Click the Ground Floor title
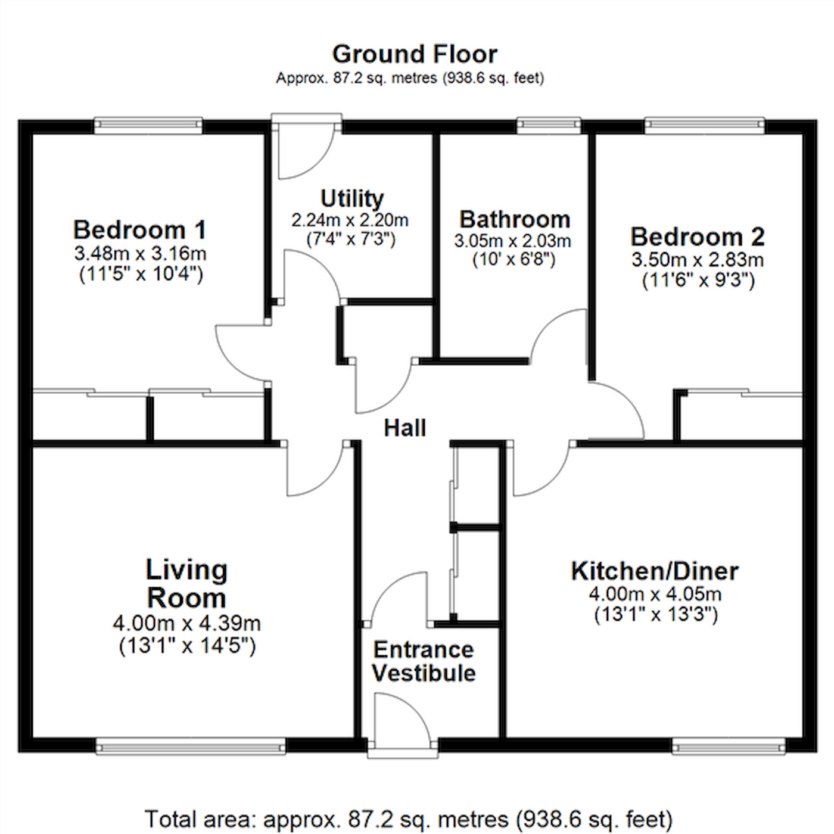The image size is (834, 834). (415, 54)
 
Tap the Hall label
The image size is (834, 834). (405, 428)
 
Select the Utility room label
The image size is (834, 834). (352, 199)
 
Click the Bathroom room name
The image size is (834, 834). (515, 219)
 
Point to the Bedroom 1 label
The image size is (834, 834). (139, 229)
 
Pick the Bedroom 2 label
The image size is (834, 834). (697, 236)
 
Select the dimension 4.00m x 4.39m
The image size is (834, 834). (186, 624)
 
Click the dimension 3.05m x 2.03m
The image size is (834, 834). (513, 241)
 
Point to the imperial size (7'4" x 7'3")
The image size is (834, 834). (351, 239)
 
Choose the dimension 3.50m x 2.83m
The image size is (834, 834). (698, 260)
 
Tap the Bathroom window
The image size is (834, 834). (549, 125)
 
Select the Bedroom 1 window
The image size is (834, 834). (148, 125)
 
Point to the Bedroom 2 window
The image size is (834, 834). (704, 125)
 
